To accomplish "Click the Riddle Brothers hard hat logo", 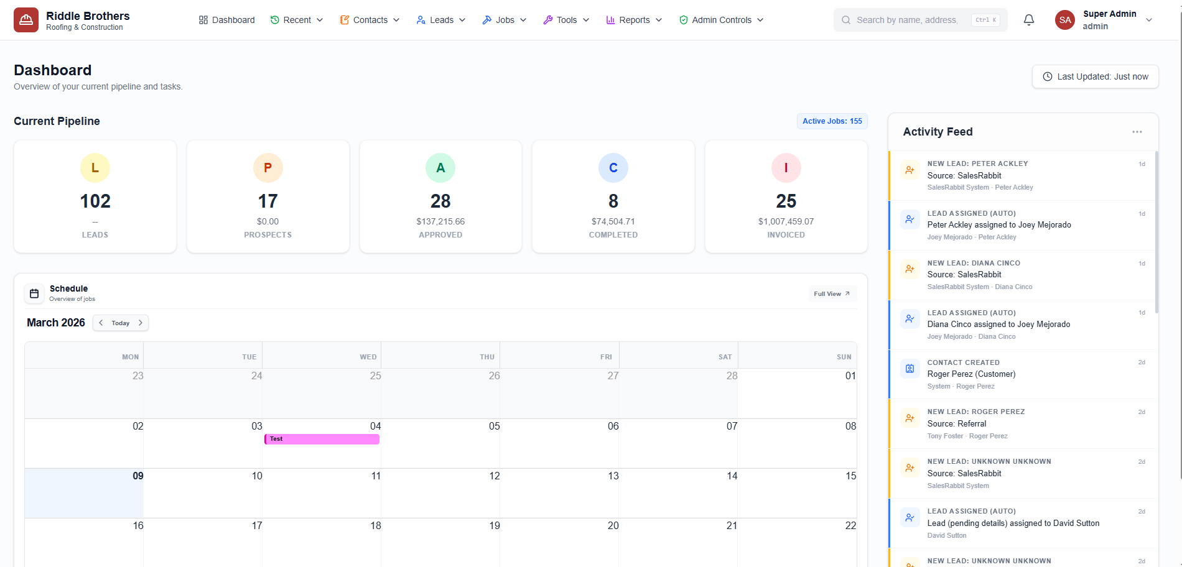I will coord(26,20).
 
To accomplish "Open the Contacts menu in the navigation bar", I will coord(370,20).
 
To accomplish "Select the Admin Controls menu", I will coord(721,20).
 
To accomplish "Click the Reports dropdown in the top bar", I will coord(634,20).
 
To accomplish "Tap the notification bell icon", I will coord(1029,20).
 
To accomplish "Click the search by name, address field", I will coord(906,20).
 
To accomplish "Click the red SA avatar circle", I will coord(1065,20).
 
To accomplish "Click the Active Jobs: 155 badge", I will coord(832,121).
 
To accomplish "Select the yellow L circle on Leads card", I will coord(95,168).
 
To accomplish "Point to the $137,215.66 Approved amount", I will coord(440,221).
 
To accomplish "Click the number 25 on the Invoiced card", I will coord(786,201).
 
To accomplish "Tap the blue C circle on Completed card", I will coord(613,168).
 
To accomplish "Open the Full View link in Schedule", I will coord(832,294).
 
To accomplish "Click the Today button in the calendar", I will coord(121,323).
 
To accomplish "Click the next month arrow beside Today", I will coord(141,323).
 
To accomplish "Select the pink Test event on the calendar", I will coord(322,439).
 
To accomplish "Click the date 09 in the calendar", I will coord(137,476).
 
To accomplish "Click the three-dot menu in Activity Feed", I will coord(1137,132).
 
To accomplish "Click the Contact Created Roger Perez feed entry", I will coord(1020,374).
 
